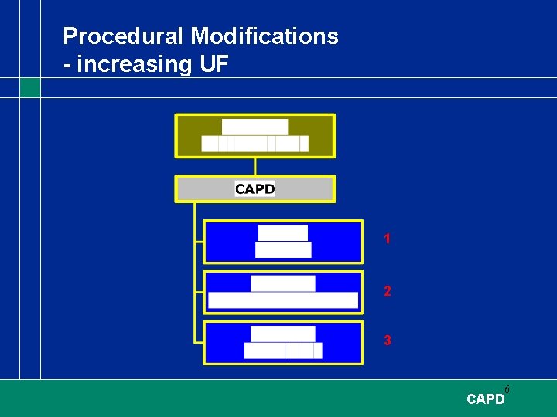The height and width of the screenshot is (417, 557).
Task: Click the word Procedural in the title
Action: [x=124, y=36]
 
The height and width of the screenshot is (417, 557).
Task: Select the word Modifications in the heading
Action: [x=265, y=36]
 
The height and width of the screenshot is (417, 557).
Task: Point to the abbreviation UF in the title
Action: [x=214, y=64]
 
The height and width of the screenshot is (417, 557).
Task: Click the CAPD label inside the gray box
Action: [x=255, y=189]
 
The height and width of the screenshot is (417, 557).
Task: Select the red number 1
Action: [x=387, y=239]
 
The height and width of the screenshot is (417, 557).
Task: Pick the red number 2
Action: [x=387, y=292]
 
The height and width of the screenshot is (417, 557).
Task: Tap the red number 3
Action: [x=387, y=341]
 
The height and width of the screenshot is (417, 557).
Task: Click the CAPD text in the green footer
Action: [x=485, y=399]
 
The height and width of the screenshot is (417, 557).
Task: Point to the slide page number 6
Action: [x=507, y=389]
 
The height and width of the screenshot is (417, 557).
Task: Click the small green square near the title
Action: [x=30, y=87]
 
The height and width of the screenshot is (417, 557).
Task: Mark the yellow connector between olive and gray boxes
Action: [x=255, y=166]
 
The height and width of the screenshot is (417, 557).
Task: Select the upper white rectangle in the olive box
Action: [x=255, y=127]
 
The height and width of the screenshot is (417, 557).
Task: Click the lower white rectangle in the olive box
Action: [x=255, y=144]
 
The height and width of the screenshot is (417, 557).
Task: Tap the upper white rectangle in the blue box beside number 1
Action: [x=282, y=232]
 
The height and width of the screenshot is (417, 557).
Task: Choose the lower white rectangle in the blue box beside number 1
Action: [x=282, y=249]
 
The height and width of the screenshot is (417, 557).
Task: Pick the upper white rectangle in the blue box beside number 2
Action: [x=282, y=283]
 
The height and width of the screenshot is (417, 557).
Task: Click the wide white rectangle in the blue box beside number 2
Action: [x=283, y=300]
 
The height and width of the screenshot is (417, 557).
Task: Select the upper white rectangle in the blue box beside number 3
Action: [x=282, y=334]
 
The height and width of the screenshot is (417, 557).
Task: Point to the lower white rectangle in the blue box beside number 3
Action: [x=282, y=351]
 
